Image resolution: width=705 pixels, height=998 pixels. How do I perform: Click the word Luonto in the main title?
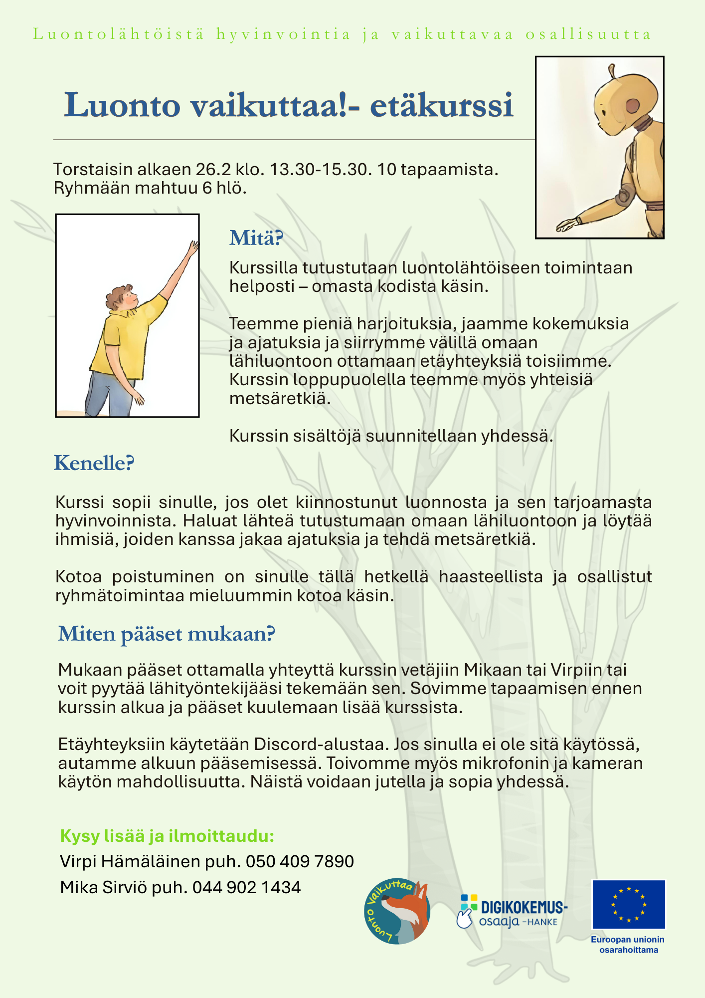coord(122,106)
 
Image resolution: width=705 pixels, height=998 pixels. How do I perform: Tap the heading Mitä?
coord(256,238)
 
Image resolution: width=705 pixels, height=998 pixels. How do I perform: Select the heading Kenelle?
coord(94,463)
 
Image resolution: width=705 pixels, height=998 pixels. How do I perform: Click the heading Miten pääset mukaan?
coord(167,634)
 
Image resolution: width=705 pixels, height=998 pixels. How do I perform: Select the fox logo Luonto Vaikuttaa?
coord(397,911)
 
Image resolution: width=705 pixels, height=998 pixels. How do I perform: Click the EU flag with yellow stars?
coord(628,904)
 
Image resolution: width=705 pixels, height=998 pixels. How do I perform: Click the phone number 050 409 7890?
coord(300,861)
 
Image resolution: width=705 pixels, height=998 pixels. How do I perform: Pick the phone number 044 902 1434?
coord(246,887)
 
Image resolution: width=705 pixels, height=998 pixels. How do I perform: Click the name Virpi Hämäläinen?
coord(130,861)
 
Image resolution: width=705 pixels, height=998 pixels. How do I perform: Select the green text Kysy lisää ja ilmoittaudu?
coord(167,836)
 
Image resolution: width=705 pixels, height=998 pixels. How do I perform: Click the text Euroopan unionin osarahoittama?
coord(628,945)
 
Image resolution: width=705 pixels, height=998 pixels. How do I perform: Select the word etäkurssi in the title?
coord(442,106)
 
